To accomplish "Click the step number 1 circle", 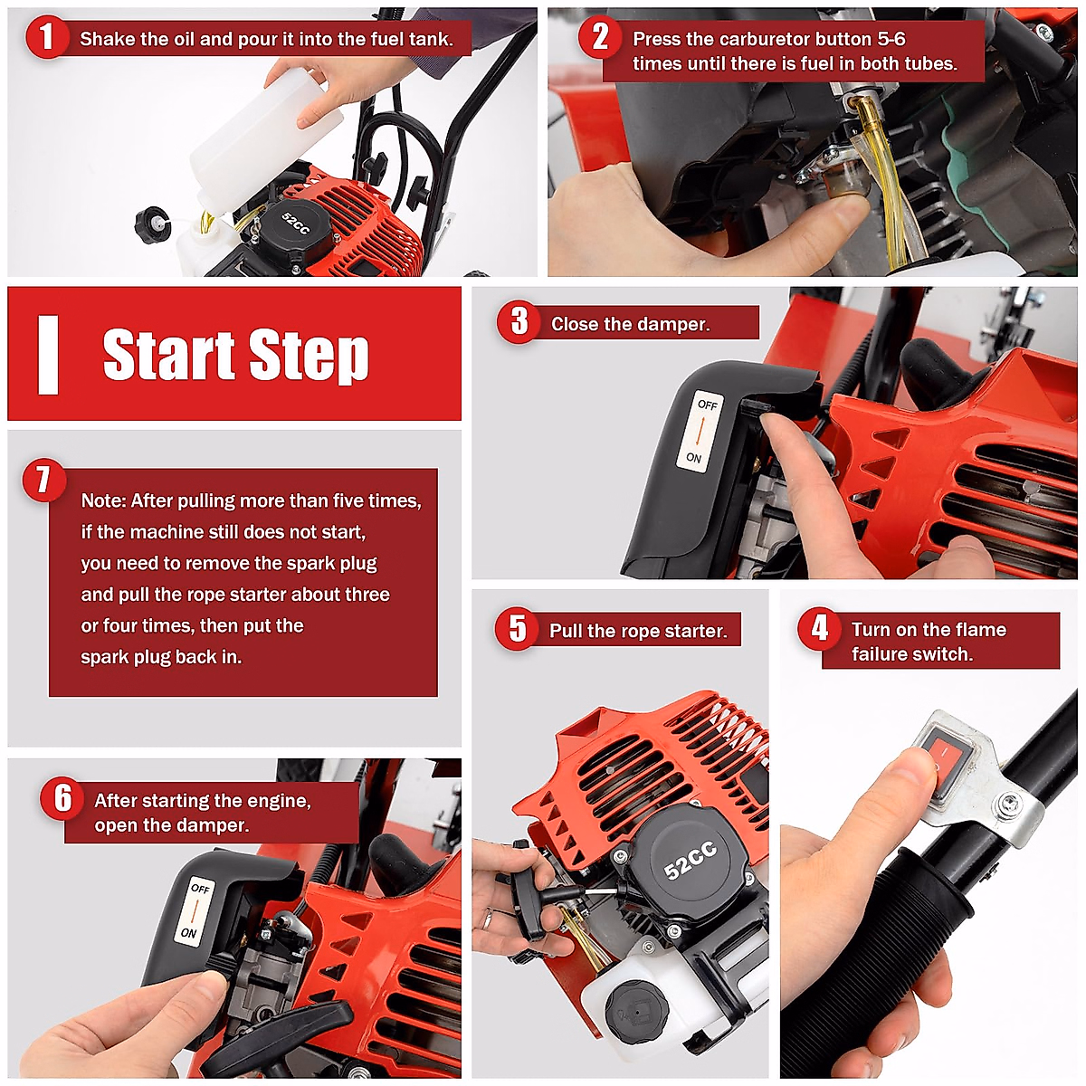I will coord(46,38).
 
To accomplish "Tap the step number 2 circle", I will coord(600,38).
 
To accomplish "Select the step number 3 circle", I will coord(519,321).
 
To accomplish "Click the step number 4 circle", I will coord(820,628).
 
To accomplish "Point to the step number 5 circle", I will coord(517,628).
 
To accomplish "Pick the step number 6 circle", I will coord(62,798).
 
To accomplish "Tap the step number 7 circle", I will coord(43,480).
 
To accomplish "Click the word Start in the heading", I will coord(169,355).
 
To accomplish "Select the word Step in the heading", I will coord(310,355).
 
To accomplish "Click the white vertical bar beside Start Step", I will coord(48,355).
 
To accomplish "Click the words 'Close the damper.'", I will coord(631,324).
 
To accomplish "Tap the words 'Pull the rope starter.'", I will coord(638,631).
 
